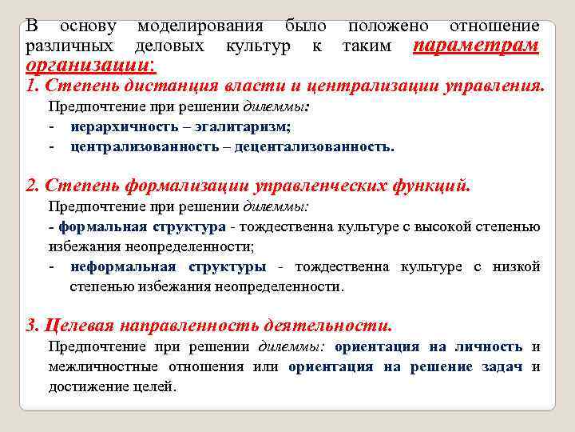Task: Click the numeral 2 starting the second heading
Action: pos(30,186)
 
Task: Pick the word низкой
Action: pos(517,266)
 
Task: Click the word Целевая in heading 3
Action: pos(77,326)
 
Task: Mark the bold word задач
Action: pos(502,366)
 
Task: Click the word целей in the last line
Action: pos(157,386)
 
